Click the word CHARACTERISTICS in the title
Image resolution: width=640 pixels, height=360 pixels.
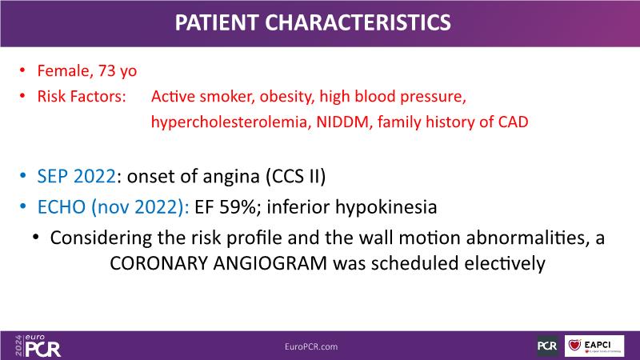(358, 22)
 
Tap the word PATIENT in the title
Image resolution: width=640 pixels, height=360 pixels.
(217, 22)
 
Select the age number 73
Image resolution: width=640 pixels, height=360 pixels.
(107, 70)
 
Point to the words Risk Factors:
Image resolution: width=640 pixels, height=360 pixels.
(82, 96)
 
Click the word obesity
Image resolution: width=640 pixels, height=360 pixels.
(287, 97)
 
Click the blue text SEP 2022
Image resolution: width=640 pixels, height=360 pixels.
(76, 176)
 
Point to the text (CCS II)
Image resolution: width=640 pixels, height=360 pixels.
(296, 176)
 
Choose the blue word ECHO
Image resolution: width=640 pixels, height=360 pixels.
(62, 207)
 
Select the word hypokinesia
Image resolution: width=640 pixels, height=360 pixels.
(386, 207)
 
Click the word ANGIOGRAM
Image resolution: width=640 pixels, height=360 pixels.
(270, 263)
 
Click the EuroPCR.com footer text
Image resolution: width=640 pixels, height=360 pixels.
(311, 346)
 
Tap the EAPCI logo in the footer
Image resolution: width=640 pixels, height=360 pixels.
(594, 346)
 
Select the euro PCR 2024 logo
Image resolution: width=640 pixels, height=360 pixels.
(38, 346)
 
